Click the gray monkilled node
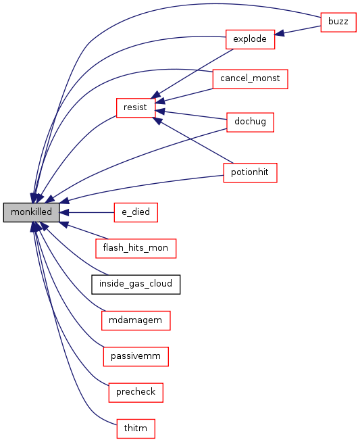[x=31, y=212]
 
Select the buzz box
[x=338, y=22]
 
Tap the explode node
[x=250, y=39]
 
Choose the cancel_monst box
[x=250, y=79]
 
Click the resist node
[x=136, y=107]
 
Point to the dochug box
[x=250, y=122]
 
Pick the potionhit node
[x=250, y=172]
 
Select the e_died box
[x=136, y=212]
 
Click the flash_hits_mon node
[x=136, y=248]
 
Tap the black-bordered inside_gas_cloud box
[x=136, y=284]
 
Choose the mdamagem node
[x=136, y=320]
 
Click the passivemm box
[x=136, y=357]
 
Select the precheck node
[x=136, y=393]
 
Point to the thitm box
[x=136, y=428]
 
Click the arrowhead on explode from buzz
[x=279, y=33]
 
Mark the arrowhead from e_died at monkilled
[x=64, y=212]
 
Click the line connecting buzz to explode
[x=298, y=30]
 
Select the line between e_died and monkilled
[x=86, y=212]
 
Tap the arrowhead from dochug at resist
[x=160, y=112]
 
